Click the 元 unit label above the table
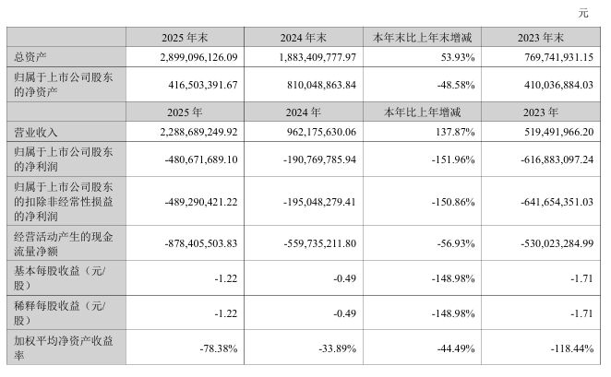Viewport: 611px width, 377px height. click(x=583, y=13)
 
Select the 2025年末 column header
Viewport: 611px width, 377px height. click(x=185, y=38)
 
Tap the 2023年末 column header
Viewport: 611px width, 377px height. click(x=541, y=38)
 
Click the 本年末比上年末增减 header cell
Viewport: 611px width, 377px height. click(x=422, y=38)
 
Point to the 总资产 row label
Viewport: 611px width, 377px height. click(x=30, y=57)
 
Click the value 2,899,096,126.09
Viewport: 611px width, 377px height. click(x=198, y=57)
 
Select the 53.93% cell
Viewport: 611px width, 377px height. click(x=458, y=57)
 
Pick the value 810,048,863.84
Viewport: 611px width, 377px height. click(x=321, y=85)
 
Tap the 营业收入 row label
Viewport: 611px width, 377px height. click(x=35, y=133)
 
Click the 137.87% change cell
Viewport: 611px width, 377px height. click(x=455, y=133)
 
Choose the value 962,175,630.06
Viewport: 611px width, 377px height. click(x=321, y=133)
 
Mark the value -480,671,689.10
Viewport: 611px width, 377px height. click(x=201, y=159)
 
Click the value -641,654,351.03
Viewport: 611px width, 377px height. click(x=557, y=202)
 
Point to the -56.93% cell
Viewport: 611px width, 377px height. click(x=456, y=243)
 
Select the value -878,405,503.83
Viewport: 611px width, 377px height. click(x=201, y=243)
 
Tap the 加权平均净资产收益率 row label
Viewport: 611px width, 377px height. click(x=63, y=348)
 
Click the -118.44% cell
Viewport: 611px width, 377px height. click(x=572, y=348)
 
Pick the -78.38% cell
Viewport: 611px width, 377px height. click(x=219, y=348)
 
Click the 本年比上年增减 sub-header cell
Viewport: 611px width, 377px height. click(x=422, y=112)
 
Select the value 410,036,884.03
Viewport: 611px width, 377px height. click(x=558, y=85)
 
